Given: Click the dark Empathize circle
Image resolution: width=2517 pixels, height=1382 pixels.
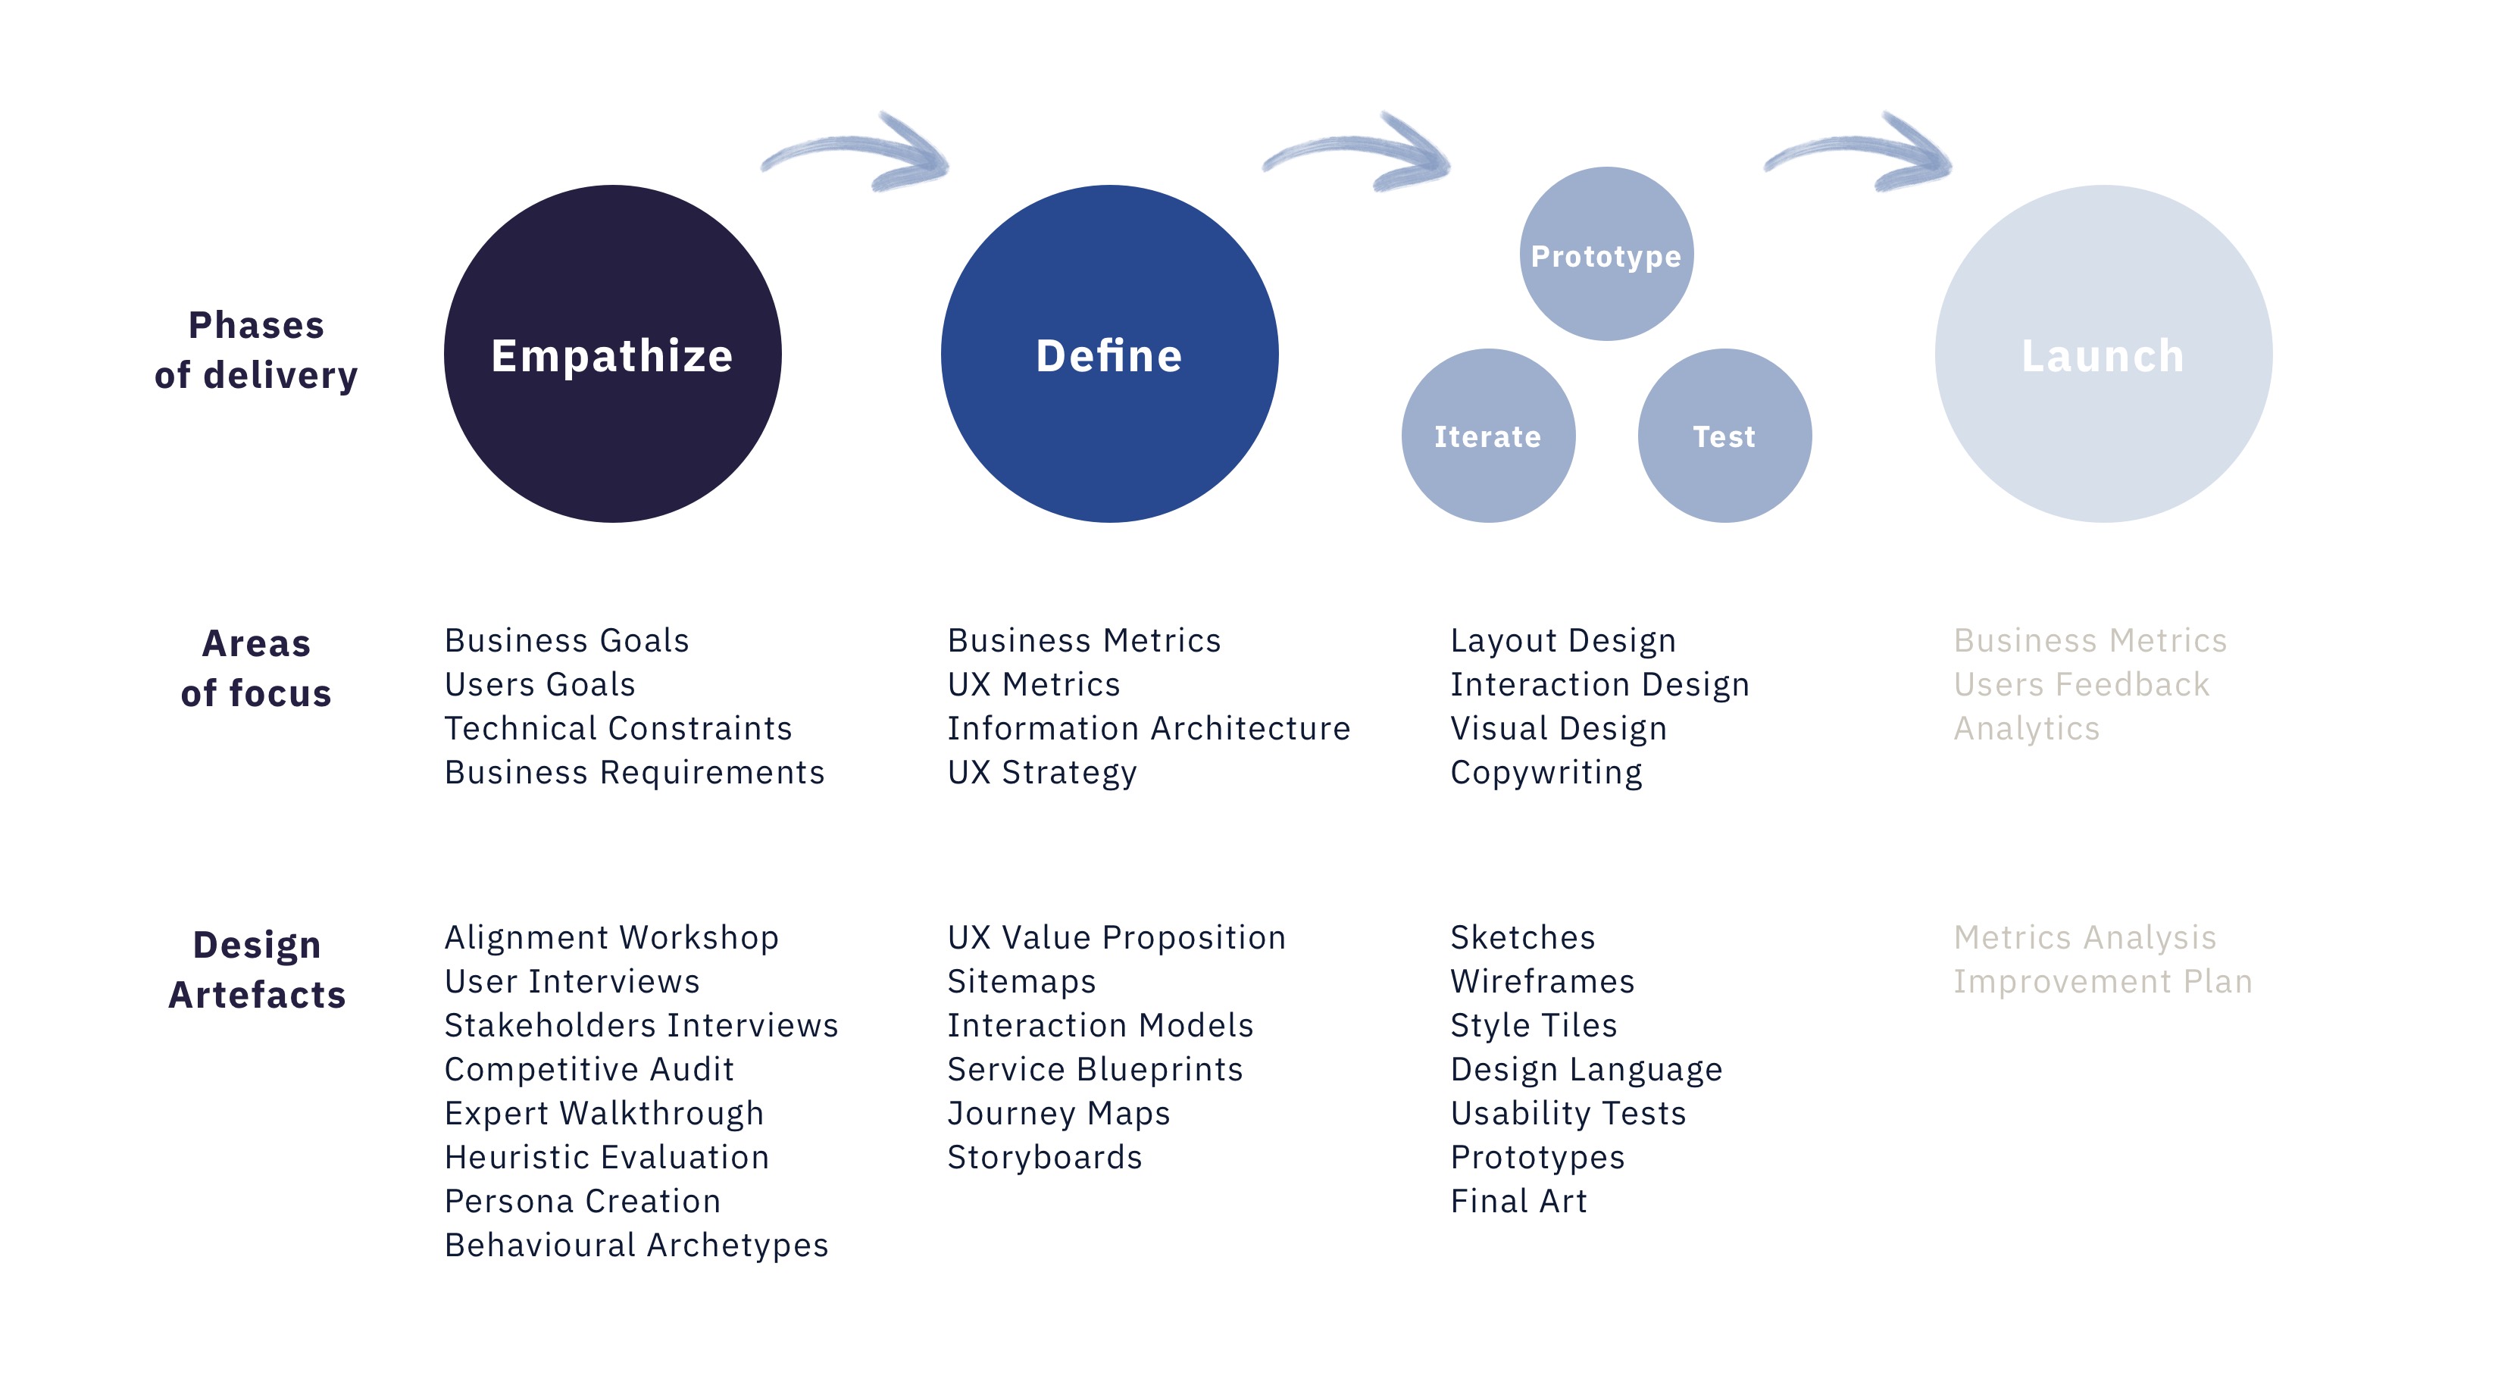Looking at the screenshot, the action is pyautogui.click(x=613, y=354).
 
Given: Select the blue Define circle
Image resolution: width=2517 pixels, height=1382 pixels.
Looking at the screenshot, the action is pyautogui.click(x=1109, y=354).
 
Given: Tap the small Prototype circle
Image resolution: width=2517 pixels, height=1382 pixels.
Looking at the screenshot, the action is pyautogui.click(x=1606, y=254).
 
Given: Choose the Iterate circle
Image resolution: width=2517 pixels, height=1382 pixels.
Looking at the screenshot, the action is pyautogui.click(x=1488, y=436).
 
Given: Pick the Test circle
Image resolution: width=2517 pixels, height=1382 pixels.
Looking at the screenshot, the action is pyautogui.click(x=1724, y=436).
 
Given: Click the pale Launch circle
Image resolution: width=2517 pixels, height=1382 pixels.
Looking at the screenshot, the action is pyautogui.click(x=2104, y=354).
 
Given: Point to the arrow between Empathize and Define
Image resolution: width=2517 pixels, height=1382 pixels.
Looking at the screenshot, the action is pyautogui.click(x=855, y=152).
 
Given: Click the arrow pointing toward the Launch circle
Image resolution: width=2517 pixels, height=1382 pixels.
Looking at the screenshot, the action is pyautogui.click(x=1858, y=152).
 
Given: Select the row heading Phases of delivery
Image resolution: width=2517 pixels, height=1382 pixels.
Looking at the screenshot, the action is pyautogui.click(x=256, y=350).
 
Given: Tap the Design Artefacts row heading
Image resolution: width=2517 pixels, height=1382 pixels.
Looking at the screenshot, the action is pyautogui.click(x=257, y=970).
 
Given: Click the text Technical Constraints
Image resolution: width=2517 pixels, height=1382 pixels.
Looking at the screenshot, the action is pyautogui.click(x=618, y=728).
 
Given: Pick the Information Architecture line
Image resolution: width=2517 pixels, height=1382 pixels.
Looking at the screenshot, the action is pyautogui.click(x=1149, y=728).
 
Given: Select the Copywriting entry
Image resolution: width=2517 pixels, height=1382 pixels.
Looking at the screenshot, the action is pyautogui.click(x=1546, y=773).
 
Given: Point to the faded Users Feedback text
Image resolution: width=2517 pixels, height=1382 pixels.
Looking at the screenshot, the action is pyautogui.click(x=2081, y=684).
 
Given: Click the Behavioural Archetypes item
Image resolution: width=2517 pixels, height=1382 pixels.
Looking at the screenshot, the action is pyautogui.click(x=636, y=1245).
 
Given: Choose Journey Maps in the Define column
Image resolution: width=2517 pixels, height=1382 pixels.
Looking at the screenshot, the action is pyautogui.click(x=1059, y=1113).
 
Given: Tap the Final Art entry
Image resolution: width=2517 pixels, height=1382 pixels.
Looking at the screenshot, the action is pyautogui.click(x=1519, y=1201).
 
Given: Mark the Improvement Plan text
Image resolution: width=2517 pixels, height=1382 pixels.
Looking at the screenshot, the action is pyautogui.click(x=2103, y=981).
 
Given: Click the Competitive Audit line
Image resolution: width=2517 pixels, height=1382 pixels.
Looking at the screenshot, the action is pyautogui.click(x=589, y=1069).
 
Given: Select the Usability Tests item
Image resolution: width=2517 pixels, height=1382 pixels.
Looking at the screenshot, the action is pyautogui.click(x=1568, y=1113).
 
